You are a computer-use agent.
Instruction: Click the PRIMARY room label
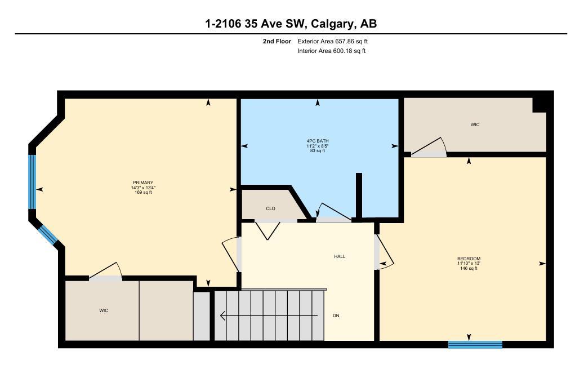[142, 183]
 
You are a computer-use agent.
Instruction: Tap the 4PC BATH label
[318, 141]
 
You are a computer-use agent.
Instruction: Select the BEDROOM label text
[469, 259]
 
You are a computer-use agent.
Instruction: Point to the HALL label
[340, 256]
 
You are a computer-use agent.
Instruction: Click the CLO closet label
[271, 208]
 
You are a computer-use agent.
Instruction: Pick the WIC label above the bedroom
[475, 124]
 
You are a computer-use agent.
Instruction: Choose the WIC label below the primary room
[104, 310]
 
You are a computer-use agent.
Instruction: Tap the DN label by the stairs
[336, 315]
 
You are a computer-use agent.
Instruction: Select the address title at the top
[291, 24]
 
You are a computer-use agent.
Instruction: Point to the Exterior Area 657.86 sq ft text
[332, 41]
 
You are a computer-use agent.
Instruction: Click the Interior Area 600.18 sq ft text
[331, 51]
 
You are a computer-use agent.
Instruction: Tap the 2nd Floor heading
[277, 41]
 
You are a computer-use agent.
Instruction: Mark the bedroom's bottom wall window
[475, 344]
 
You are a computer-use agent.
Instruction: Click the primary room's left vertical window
[33, 182]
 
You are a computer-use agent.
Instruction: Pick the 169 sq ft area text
[142, 193]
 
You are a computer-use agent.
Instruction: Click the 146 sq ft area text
[469, 269]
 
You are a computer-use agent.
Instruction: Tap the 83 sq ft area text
[318, 151]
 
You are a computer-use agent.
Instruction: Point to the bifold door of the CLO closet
[268, 229]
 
